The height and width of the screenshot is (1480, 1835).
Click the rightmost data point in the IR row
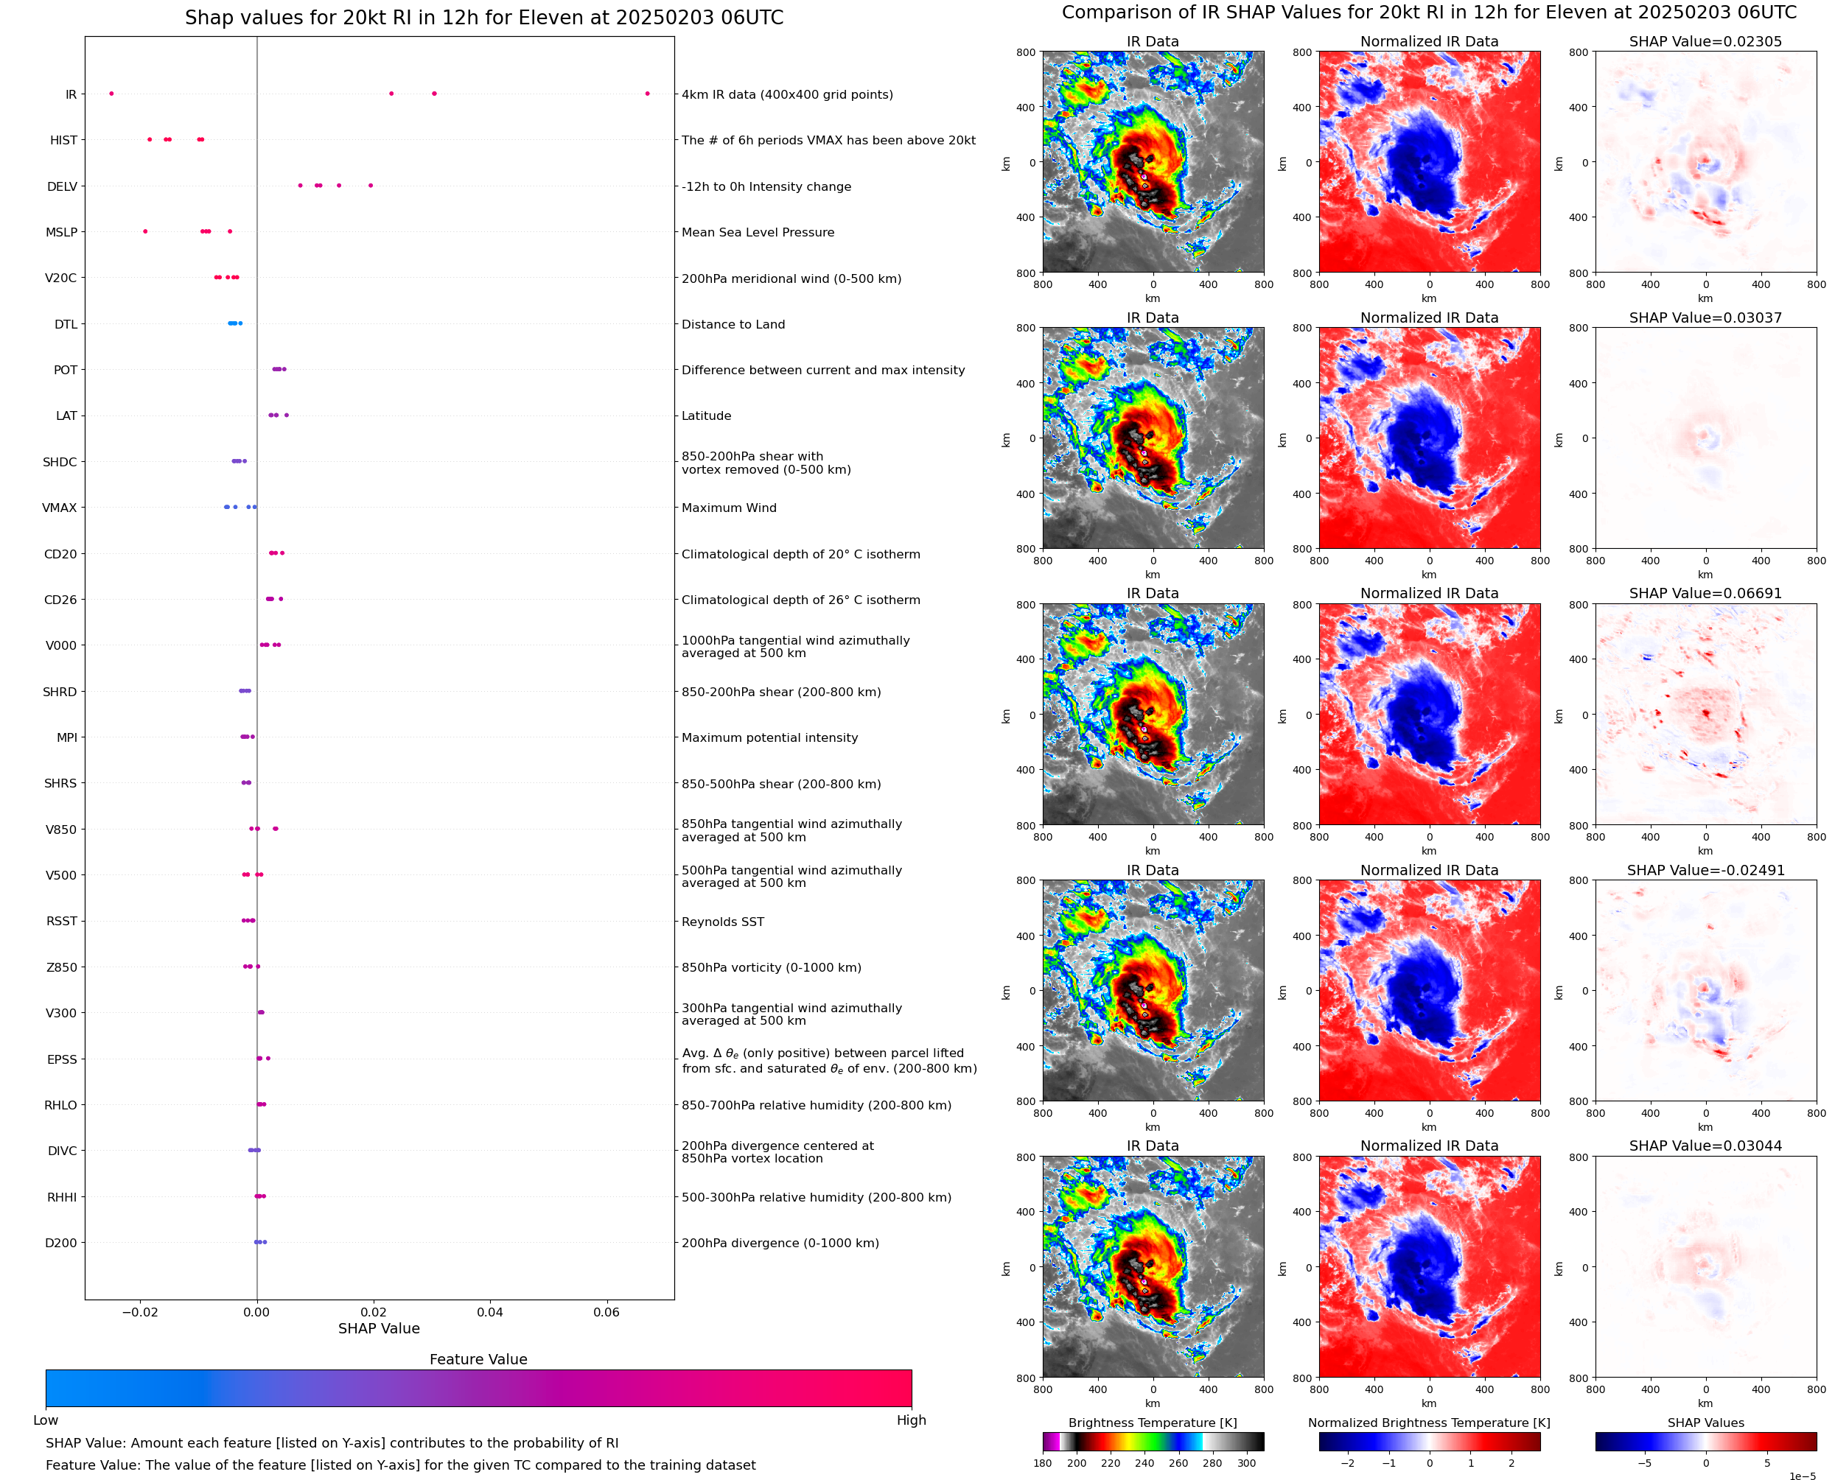tap(647, 94)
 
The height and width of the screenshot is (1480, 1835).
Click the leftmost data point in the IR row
tap(112, 94)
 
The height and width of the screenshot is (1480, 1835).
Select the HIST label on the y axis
tap(64, 141)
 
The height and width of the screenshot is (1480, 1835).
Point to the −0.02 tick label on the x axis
tap(140, 1312)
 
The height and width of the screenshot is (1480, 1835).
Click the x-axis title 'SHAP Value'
tap(379, 1328)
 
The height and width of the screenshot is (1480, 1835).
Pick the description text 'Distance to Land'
tap(733, 324)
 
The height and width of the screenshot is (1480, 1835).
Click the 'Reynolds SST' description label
tap(723, 922)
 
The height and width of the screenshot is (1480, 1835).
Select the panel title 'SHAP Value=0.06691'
tap(1705, 593)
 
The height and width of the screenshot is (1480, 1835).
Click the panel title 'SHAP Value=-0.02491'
tap(1705, 871)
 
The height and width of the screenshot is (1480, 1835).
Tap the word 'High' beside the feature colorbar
tap(911, 1420)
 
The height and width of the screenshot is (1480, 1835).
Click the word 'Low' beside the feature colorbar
tap(46, 1420)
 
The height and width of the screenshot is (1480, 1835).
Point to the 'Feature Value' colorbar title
tap(478, 1359)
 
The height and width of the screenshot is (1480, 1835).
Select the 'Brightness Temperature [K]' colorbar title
tap(1152, 1423)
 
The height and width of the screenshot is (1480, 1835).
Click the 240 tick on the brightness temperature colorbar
tap(1144, 1463)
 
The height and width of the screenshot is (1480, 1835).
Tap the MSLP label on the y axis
tap(61, 232)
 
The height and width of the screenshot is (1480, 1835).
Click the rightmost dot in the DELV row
tap(370, 186)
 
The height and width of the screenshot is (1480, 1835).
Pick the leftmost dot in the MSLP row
tap(145, 232)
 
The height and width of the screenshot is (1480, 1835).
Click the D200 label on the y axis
tap(61, 1243)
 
